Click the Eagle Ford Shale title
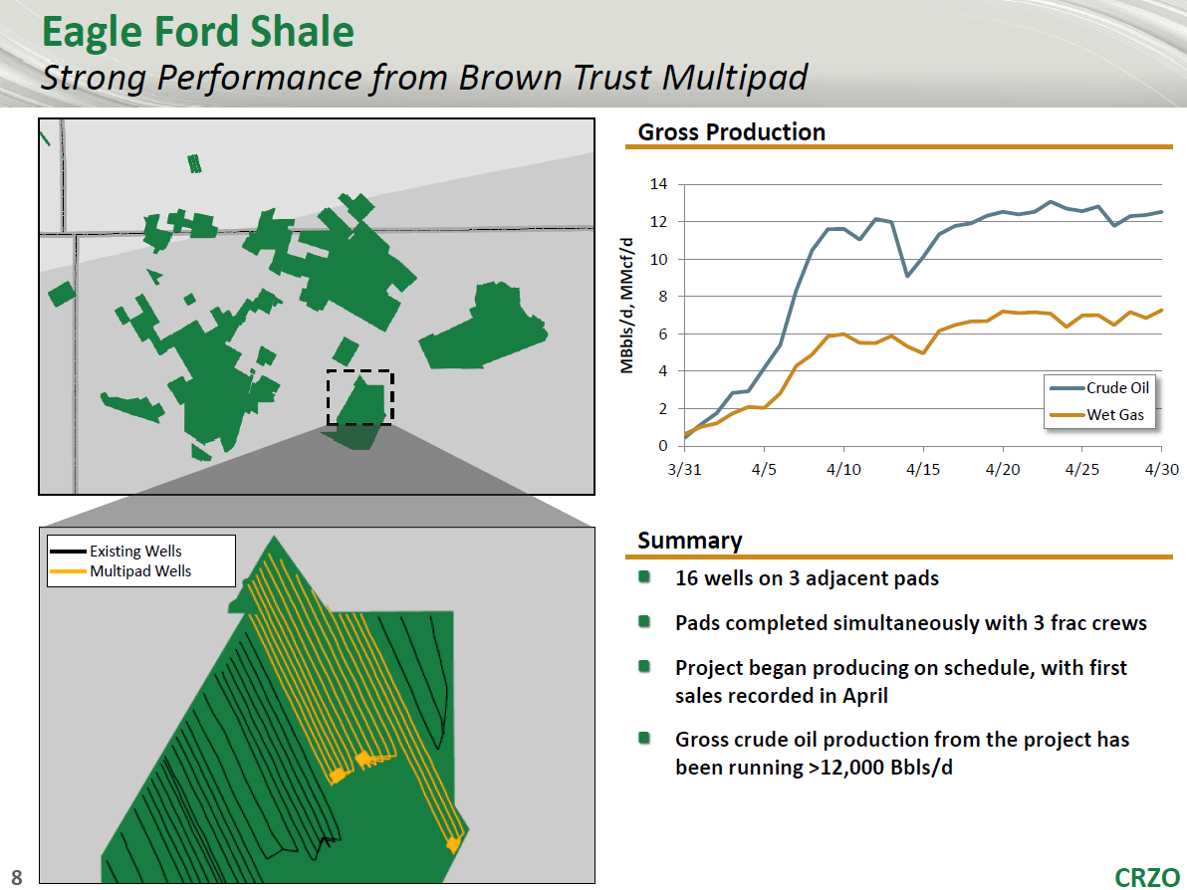[197, 33]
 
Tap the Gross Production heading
[731, 132]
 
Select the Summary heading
[690, 541]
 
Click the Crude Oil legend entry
[1100, 387]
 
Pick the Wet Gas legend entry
[1097, 415]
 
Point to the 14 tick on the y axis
[658, 184]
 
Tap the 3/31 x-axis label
[684, 469]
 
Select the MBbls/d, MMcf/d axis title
[626, 306]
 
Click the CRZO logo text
[1147, 877]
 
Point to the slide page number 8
[17, 877]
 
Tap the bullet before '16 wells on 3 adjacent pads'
[644, 576]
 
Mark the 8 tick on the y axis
[662, 296]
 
